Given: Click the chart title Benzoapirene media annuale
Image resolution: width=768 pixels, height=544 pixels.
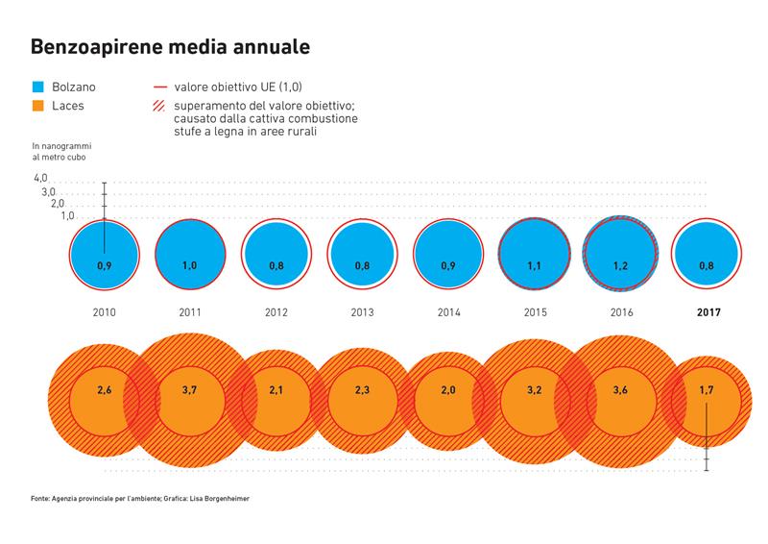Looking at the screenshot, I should point(170,45).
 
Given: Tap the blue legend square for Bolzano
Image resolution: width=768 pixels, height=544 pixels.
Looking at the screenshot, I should point(38,87).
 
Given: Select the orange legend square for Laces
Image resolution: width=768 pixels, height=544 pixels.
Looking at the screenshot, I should point(38,105).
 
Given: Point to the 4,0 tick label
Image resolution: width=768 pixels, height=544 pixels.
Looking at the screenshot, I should point(40,179).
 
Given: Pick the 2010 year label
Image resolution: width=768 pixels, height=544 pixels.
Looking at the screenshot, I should point(105,312).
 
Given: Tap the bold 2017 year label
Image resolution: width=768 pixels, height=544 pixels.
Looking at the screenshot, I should point(709,312).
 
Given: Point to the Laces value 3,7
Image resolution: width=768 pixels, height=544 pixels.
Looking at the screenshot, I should point(190,390).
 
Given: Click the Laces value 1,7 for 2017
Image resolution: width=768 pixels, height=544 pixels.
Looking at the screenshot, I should point(707,390).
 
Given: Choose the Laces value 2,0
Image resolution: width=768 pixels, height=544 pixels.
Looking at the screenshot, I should point(449,390).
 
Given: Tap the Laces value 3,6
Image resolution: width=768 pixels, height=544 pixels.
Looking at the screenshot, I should point(621,390).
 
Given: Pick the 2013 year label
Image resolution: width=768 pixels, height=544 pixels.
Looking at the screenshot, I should point(363,312).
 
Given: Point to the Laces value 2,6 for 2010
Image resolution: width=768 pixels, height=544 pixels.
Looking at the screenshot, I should point(105,390).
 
